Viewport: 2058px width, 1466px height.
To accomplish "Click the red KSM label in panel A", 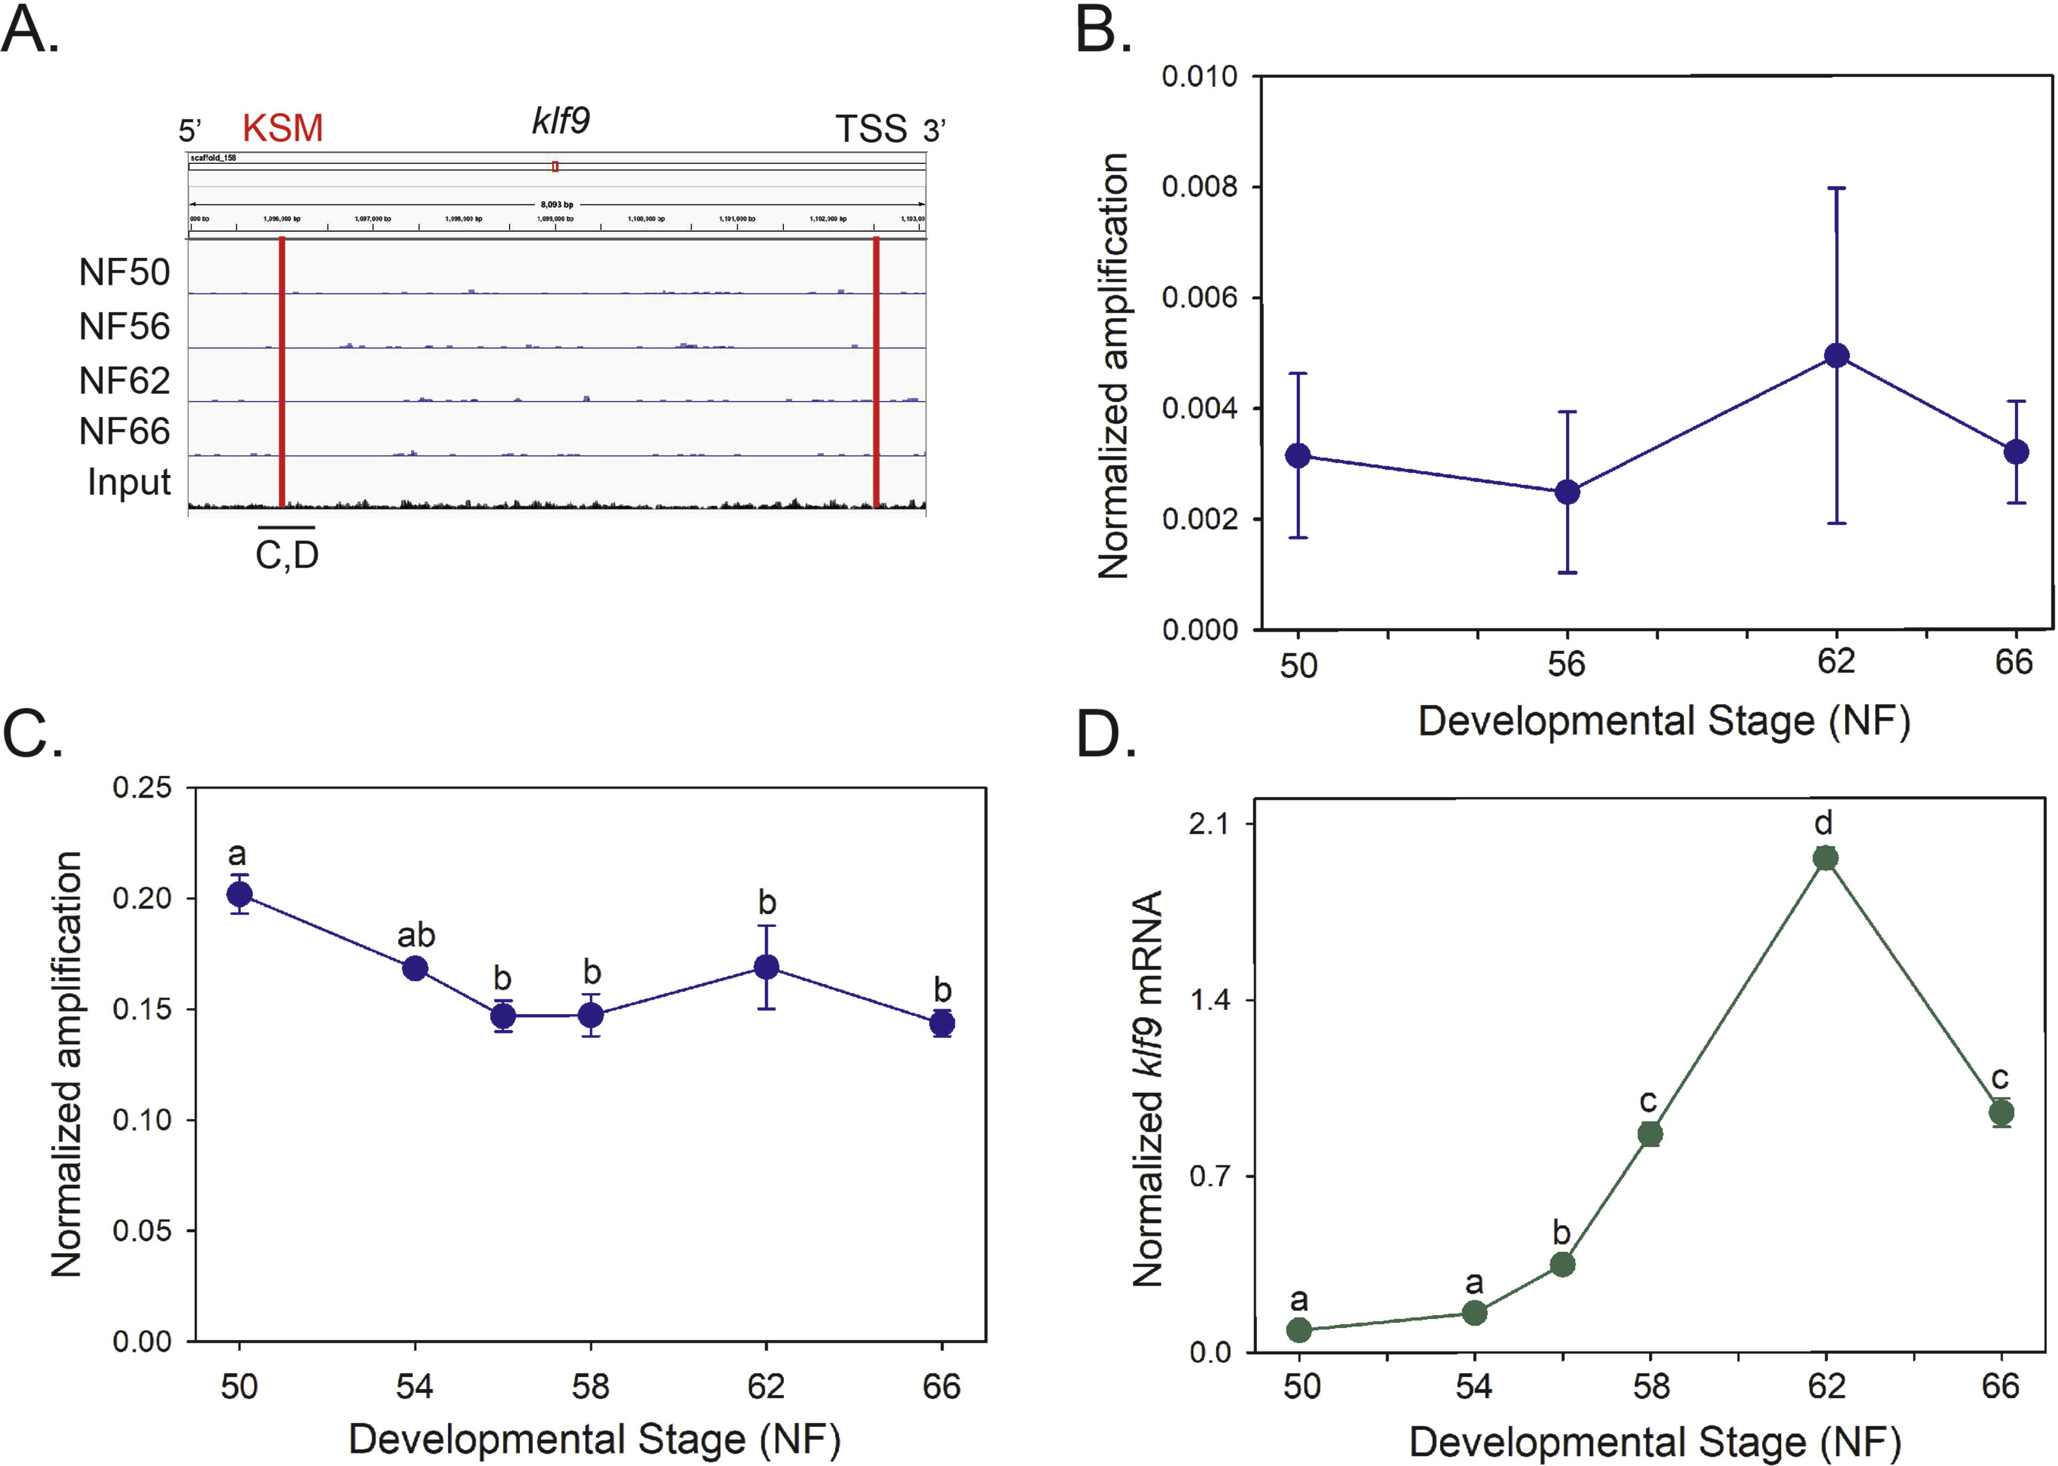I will tap(282, 128).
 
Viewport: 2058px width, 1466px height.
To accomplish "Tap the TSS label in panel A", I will tap(870, 129).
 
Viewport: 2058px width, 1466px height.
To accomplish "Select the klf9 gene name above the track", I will tap(561, 120).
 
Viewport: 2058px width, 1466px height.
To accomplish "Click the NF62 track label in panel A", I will tap(125, 381).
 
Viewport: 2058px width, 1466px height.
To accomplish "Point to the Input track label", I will tap(129, 482).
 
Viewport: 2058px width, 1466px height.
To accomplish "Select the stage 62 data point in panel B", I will tap(1836, 355).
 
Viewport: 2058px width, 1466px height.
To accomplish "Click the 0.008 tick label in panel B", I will tap(1199, 187).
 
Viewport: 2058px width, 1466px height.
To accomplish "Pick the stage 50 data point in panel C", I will tap(239, 894).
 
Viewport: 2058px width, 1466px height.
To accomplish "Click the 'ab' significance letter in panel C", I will tap(416, 936).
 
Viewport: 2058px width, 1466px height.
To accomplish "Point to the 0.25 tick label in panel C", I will tap(142, 787).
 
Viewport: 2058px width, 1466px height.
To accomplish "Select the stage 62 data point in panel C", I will tap(766, 968).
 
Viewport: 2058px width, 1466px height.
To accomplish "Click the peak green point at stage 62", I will tap(1826, 858).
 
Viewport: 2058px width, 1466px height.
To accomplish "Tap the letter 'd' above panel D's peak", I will tap(1823, 823).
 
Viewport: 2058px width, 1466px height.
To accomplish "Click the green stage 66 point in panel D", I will tap(2002, 1112).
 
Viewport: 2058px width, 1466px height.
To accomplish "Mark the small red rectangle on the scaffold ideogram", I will tap(555, 166).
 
